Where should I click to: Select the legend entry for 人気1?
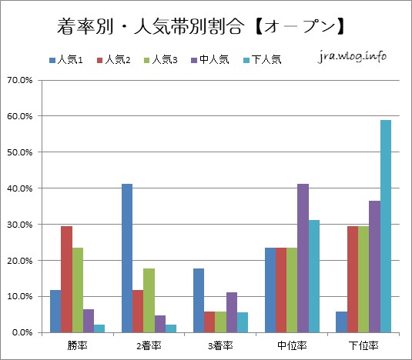pyautogui.click(x=72, y=59)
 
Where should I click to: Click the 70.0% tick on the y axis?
pyautogui.click(x=19, y=80)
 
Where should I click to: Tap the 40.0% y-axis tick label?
pyautogui.click(x=19, y=188)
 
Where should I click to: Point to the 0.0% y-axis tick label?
pyautogui.click(x=21, y=332)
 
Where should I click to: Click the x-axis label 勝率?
pyautogui.click(x=77, y=345)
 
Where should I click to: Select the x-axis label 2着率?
pyautogui.click(x=149, y=345)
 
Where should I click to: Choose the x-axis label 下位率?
pyautogui.click(x=363, y=345)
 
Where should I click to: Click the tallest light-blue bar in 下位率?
pyautogui.click(x=385, y=226)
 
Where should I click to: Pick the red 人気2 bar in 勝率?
pyautogui.click(x=66, y=279)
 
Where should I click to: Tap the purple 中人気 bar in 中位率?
pyautogui.click(x=303, y=258)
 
